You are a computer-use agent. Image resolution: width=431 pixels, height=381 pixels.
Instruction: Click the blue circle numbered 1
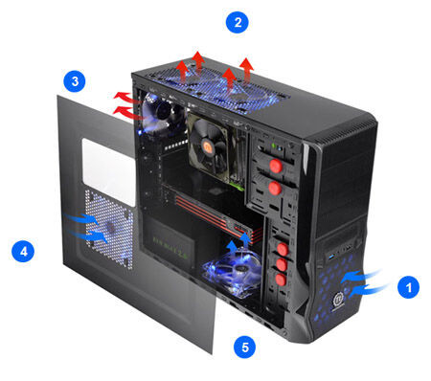click(408, 287)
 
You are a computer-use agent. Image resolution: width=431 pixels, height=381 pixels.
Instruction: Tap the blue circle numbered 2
click(238, 22)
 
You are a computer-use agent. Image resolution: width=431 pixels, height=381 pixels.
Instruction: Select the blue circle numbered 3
click(75, 81)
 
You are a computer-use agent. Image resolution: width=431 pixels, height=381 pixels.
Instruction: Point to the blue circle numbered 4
click(23, 252)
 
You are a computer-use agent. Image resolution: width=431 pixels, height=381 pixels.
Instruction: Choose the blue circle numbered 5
click(244, 347)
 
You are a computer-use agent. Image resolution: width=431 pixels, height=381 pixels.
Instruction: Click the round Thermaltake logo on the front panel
click(338, 301)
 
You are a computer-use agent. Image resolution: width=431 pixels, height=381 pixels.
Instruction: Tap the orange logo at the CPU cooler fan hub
click(208, 147)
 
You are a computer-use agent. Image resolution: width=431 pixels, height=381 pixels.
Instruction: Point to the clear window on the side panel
click(109, 171)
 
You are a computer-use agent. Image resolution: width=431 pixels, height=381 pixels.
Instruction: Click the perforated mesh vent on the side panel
click(109, 228)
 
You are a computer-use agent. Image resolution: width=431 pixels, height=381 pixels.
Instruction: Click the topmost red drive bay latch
click(276, 166)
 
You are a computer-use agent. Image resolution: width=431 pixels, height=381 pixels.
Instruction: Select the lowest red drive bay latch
click(281, 280)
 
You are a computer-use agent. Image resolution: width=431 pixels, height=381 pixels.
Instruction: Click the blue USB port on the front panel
click(329, 257)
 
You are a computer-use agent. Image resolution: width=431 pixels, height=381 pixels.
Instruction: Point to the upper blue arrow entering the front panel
click(361, 275)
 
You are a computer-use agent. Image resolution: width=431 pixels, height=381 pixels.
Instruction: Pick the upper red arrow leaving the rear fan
click(126, 97)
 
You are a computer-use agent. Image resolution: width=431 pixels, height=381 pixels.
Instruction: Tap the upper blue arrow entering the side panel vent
click(81, 218)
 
